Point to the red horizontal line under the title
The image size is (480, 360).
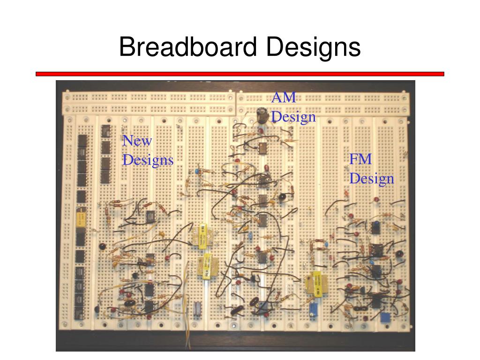240,74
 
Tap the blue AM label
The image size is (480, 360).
284,97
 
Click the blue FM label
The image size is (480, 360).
360,159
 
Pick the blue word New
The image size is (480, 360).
137,141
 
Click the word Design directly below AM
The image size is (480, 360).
293,116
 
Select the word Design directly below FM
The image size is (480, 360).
371,179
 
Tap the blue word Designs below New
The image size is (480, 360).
148,160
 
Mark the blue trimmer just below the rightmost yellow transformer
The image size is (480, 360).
313,309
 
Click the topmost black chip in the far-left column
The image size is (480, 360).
82,140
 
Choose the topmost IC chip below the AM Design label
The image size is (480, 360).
262,148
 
